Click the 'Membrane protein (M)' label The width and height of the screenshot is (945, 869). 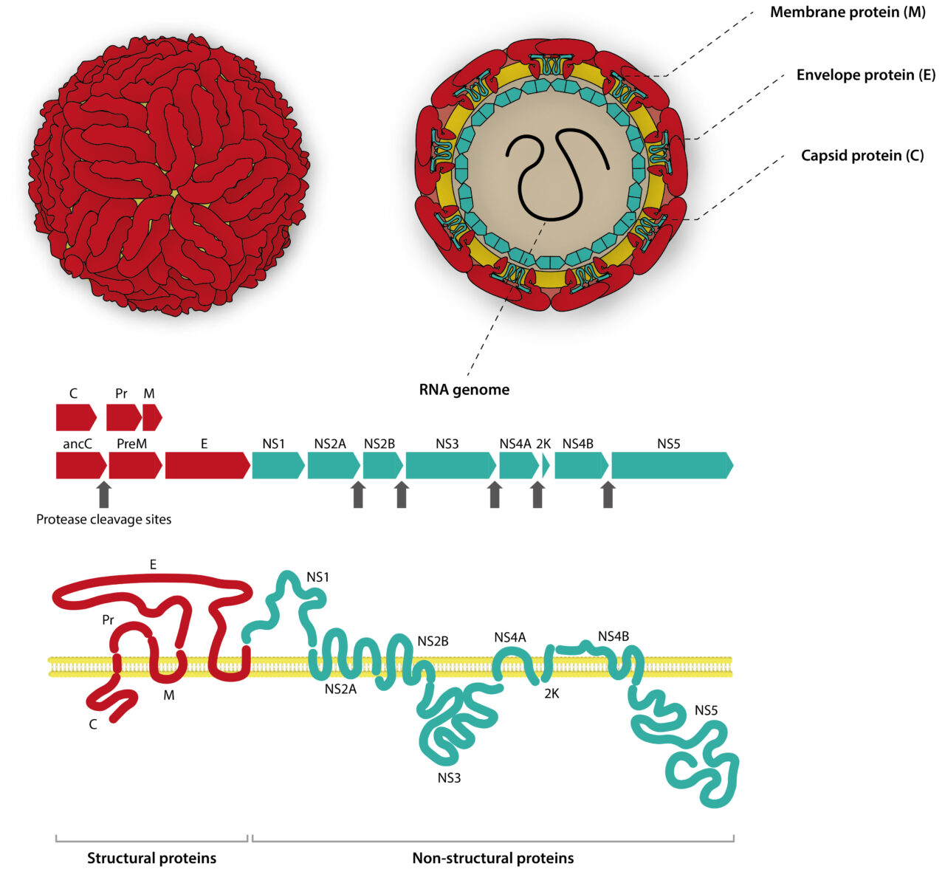coord(848,13)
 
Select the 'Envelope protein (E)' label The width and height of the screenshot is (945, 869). coord(865,75)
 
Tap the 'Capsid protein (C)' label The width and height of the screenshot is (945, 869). coord(862,156)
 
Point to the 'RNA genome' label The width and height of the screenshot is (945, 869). coord(464,389)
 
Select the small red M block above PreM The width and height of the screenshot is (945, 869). coord(151,418)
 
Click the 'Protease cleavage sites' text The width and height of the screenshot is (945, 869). coord(104,520)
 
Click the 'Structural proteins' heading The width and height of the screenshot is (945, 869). coord(152,858)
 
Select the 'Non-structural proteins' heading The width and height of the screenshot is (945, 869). coord(492,858)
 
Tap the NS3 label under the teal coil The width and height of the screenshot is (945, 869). coord(449,777)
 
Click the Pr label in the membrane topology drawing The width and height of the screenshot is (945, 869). coord(109,620)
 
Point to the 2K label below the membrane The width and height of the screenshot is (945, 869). coord(551,693)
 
